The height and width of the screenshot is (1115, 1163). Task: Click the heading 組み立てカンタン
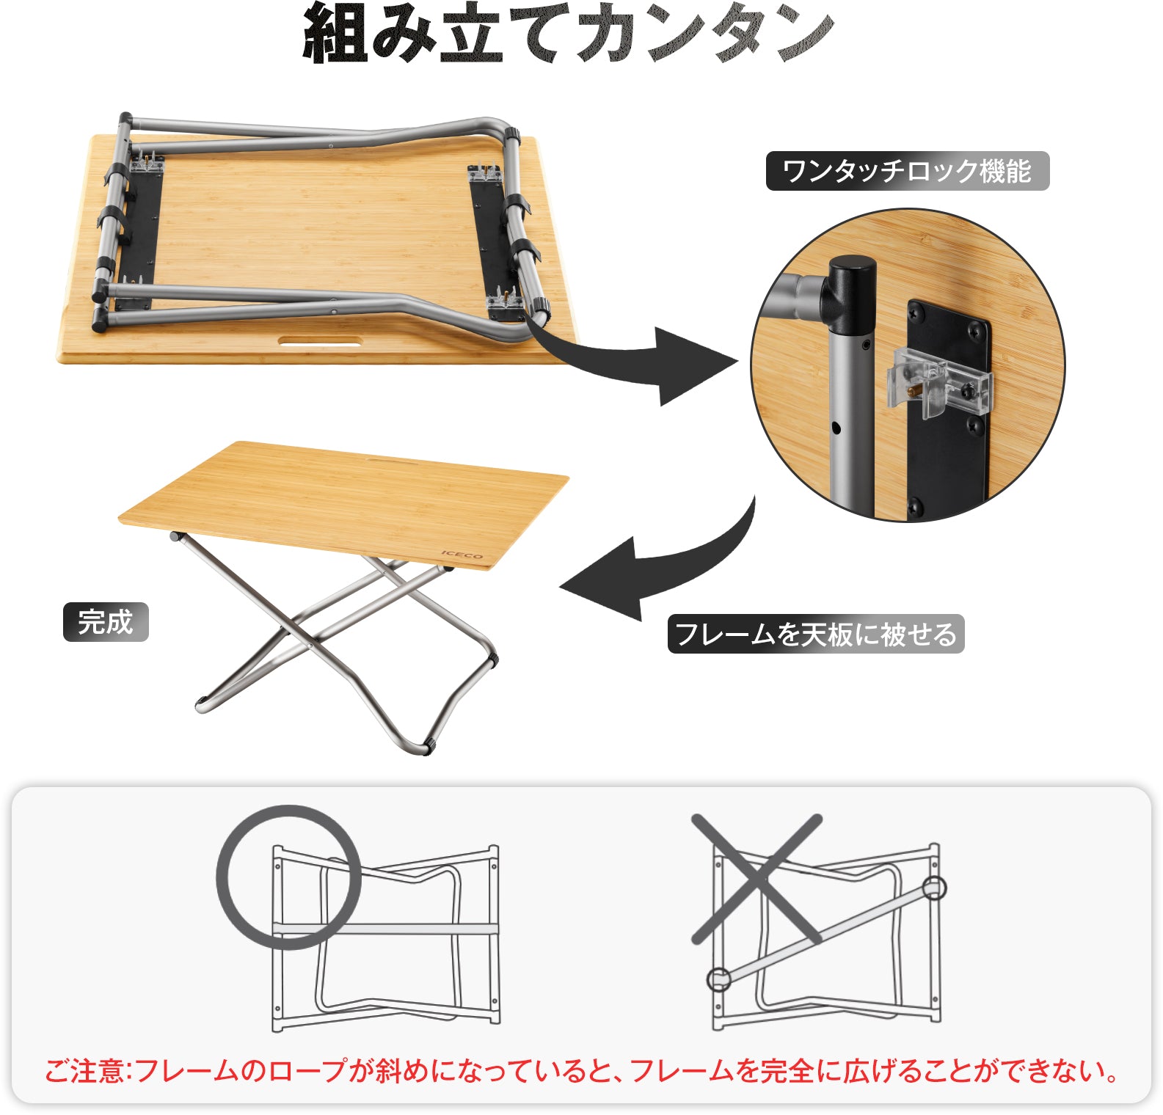(569, 35)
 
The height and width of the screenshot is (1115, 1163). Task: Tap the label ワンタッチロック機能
(907, 171)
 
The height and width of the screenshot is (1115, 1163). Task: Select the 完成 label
(106, 622)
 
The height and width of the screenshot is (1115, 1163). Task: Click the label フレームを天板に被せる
(815, 634)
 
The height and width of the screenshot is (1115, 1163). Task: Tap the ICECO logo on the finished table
(462, 555)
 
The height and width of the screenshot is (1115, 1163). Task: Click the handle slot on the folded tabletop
(320, 341)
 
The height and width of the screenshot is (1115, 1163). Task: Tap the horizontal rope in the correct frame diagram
(411, 929)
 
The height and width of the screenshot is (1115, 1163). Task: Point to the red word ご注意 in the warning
(81, 1072)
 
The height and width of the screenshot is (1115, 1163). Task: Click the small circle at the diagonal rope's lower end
(719, 979)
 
